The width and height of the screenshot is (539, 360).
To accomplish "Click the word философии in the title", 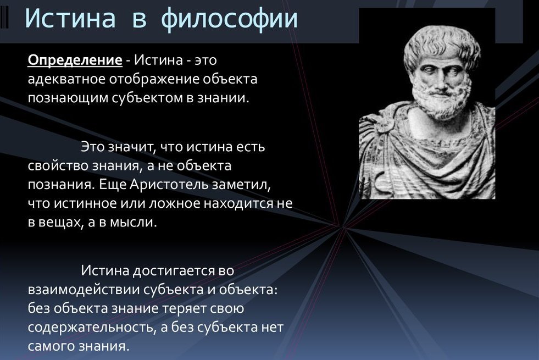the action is pyautogui.click(x=229, y=19).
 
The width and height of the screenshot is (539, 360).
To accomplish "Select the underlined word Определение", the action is pyautogui.click(x=75, y=60).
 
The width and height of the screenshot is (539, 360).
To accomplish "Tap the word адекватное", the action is pyautogui.click(x=66, y=79).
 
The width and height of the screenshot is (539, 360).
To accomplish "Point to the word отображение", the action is pyautogui.click(x=154, y=80).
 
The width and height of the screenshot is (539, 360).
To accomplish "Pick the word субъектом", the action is pyautogui.click(x=148, y=98).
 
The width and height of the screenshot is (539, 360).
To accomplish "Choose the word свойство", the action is pyautogui.click(x=58, y=166).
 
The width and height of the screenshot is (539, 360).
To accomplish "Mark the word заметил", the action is pyautogui.click(x=241, y=185).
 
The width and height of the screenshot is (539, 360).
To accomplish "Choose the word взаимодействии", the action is pyautogui.click(x=84, y=290).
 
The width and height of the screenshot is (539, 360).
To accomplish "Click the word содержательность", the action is pyautogui.click(x=91, y=328).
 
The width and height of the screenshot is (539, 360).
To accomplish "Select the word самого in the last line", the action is pyautogui.click(x=51, y=346).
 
